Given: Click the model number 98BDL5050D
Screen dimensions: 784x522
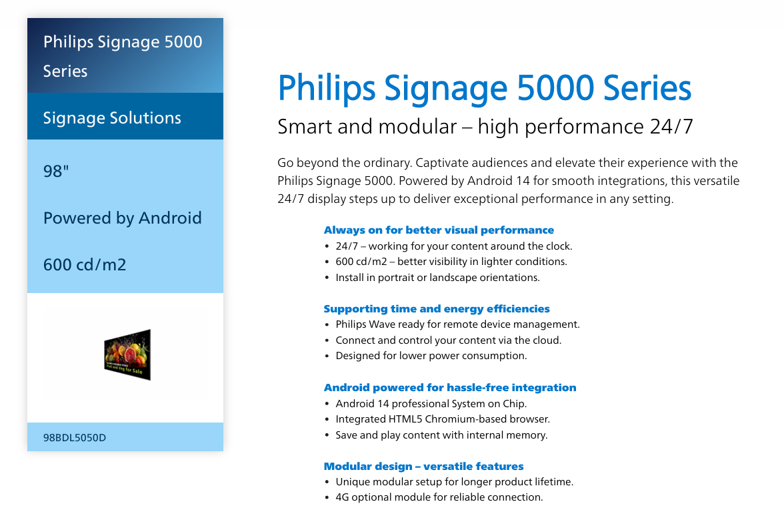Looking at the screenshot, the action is [x=75, y=437].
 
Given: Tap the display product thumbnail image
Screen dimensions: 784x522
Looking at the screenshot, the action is [x=127, y=354].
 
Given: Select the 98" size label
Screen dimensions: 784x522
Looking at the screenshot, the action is [x=56, y=171].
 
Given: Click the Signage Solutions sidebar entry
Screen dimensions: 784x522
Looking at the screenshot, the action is [x=112, y=117].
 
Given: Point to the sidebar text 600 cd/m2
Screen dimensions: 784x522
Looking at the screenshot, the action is [x=85, y=265].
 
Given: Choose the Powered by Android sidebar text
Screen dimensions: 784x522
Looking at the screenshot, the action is [x=123, y=218].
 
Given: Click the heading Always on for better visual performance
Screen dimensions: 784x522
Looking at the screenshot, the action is [x=439, y=230].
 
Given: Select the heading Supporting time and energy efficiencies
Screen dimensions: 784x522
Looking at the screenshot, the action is [x=437, y=309].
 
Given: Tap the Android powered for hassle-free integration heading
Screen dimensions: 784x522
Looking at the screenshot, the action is [x=450, y=387].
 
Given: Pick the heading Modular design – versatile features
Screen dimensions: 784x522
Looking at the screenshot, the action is [x=423, y=466].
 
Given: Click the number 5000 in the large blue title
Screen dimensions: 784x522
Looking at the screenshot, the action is [x=555, y=88].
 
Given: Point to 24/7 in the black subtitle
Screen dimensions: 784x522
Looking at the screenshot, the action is [x=671, y=127].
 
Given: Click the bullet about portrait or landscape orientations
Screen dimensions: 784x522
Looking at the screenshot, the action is [x=437, y=277].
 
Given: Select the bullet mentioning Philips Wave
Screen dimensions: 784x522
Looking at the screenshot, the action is [x=457, y=324].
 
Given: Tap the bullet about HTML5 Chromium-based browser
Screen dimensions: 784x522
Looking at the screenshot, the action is [x=443, y=419].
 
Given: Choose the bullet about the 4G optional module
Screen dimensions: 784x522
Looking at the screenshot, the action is [x=439, y=497].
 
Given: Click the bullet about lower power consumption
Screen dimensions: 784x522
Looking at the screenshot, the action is [x=431, y=356].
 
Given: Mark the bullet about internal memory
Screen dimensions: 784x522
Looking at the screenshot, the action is [x=441, y=435].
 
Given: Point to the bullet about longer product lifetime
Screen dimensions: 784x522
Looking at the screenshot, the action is [x=455, y=481].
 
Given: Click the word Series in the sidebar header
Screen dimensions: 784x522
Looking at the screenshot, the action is [x=65, y=71].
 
